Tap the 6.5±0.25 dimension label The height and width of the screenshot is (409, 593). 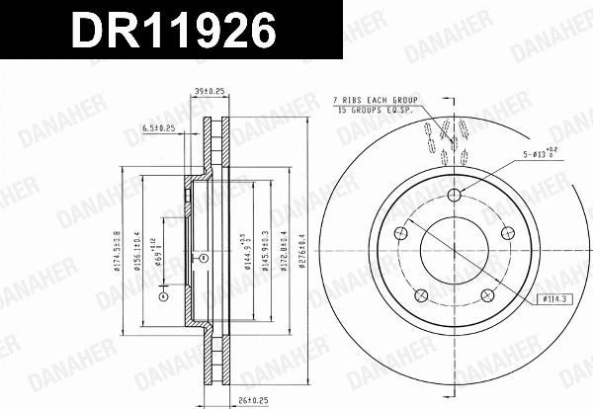[x=158, y=127]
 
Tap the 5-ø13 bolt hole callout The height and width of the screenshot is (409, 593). [x=542, y=155]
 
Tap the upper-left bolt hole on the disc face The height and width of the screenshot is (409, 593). [x=400, y=233]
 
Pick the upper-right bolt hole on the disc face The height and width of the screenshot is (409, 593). [x=507, y=232]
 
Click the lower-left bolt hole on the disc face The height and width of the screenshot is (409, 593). [x=420, y=294]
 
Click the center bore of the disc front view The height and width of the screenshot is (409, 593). [x=454, y=249]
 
